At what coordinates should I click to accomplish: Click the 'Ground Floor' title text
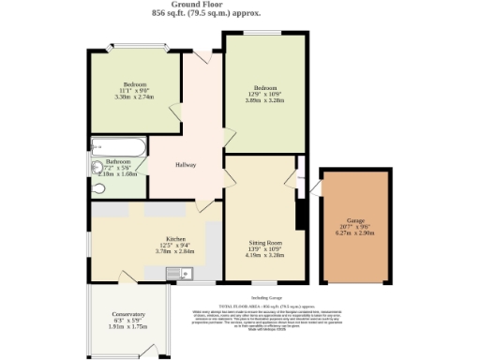(x=239, y=5)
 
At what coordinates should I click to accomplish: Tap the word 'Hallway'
(x=186, y=166)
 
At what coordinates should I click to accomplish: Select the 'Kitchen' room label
(x=176, y=238)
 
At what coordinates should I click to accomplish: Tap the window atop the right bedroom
(x=265, y=35)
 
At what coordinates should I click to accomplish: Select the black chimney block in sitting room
(x=302, y=215)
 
